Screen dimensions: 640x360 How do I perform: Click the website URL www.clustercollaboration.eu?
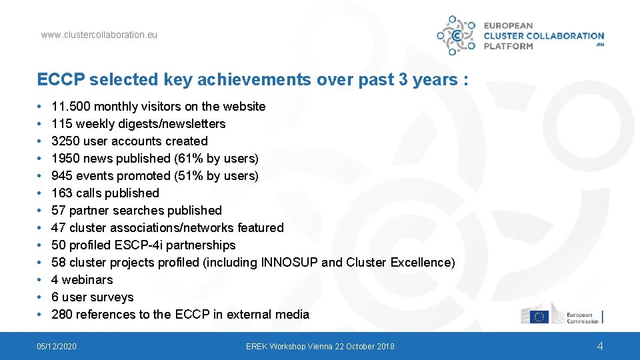point(99,35)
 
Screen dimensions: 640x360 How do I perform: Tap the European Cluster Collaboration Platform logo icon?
point(456,35)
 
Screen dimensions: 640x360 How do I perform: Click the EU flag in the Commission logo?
point(539,317)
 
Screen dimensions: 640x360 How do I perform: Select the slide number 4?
point(599,346)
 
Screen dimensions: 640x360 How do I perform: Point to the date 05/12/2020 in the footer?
point(57,347)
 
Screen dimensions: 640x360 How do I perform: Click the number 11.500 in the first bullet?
point(71,107)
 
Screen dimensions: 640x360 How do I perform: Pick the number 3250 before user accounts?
point(65,141)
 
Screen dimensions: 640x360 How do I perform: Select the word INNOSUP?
point(289,263)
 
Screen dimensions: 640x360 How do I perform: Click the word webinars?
point(87,280)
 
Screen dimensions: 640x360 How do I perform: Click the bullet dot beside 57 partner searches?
point(39,211)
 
